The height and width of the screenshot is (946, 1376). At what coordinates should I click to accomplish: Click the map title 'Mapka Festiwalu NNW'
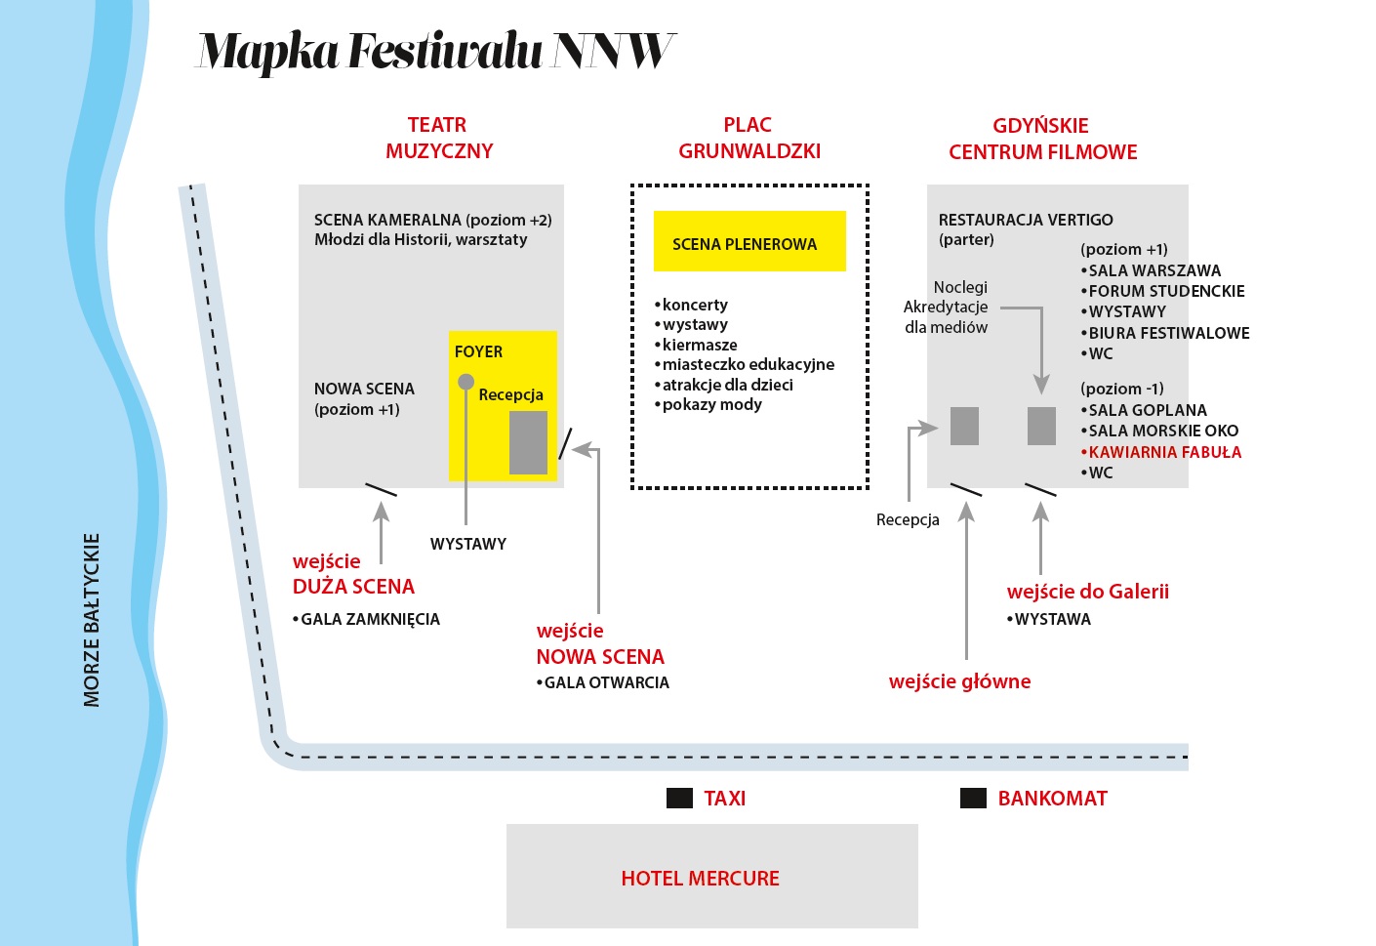click(435, 51)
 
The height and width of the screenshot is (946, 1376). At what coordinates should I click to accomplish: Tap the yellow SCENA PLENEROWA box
click(749, 241)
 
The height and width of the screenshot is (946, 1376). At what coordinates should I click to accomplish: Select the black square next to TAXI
click(679, 799)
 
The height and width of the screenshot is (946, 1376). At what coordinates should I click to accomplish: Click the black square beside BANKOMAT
click(973, 799)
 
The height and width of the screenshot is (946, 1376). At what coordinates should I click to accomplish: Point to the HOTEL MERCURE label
click(700, 879)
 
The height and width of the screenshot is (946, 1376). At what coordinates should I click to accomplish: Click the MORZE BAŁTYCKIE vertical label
click(92, 620)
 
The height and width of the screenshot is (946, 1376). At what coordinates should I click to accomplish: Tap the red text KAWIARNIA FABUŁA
click(1164, 452)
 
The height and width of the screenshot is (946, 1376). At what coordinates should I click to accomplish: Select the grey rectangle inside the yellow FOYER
click(528, 442)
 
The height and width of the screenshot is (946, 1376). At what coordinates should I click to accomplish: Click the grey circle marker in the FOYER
click(466, 382)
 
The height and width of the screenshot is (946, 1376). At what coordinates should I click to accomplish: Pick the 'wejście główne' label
click(959, 681)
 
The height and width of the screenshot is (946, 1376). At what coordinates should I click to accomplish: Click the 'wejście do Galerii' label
click(1087, 592)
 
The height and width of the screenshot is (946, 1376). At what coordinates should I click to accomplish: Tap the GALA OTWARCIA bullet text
click(606, 682)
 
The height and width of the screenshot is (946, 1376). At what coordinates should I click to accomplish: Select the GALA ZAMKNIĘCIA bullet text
click(370, 619)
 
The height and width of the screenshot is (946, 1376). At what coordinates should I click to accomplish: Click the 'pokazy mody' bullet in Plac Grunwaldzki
click(711, 404)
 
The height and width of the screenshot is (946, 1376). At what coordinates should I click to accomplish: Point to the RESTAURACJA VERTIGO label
click(1025, 220)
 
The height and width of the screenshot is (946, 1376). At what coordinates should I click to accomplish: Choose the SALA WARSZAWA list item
click(1153, 270)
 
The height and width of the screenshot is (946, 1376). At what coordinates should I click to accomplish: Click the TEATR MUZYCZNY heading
click(438, 138)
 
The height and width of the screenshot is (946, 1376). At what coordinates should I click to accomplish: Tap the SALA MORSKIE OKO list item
click(1162, 431)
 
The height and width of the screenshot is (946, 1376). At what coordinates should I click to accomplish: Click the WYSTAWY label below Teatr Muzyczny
click(468, 544)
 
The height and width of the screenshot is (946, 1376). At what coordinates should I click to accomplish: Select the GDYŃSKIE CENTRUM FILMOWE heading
click(1042, 139)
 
